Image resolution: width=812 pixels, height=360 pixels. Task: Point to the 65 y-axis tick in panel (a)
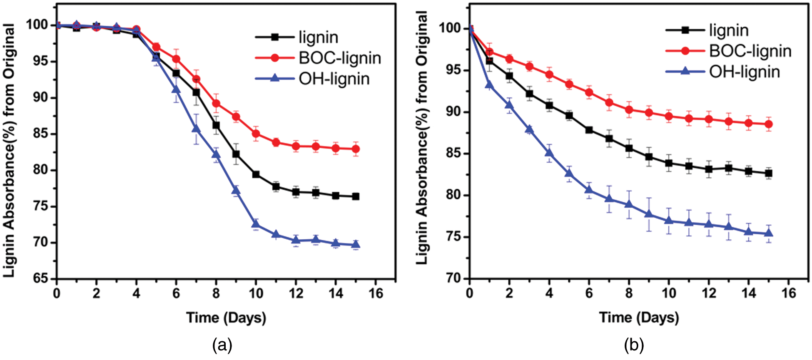(x=40, y=278)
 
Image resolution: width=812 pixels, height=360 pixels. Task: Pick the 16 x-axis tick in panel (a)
(x=376, y=293)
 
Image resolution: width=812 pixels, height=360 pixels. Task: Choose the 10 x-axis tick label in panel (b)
(x=669, y=293)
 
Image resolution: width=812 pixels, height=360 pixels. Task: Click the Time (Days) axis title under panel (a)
(x=226, y=318)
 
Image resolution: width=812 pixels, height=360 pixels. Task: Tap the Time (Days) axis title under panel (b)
(x=639, y=318)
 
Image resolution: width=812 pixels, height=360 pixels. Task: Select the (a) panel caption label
(x=222, y=345)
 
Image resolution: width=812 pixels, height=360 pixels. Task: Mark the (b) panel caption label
(x=634, y=345)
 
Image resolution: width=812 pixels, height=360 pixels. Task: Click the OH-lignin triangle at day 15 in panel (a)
(x=356, y=245)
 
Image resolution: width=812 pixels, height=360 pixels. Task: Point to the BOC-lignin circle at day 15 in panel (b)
(x=769, y=124)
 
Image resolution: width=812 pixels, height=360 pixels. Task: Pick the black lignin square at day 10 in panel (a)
(x=256, y=174)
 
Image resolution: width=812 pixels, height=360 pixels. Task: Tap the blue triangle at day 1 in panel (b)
(x=490, y=85)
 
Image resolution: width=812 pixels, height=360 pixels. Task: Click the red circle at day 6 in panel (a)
(x=176, y=59)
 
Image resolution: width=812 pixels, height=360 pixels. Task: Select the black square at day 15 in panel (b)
(x=769, y=173)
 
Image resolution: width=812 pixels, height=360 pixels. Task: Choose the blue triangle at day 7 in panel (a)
(x=196, y=129)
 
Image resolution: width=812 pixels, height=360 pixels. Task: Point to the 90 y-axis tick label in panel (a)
(x=40, y=98)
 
